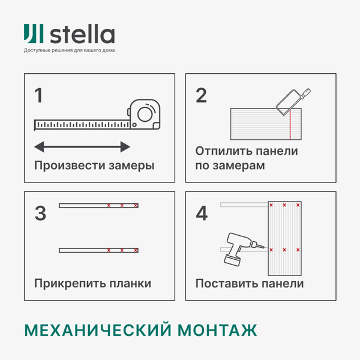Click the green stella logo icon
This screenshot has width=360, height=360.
click(x=34, y=34)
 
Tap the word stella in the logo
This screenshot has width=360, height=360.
click(x=82, y=34)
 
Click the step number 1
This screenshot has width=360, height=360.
click(x=38, y=95)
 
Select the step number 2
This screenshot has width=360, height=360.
click(x=201, y=95)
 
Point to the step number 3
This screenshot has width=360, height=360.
click(x=40, y=213)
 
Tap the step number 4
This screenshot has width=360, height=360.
click(x=202, y=213)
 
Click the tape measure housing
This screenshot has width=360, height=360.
click(x=144, y=114)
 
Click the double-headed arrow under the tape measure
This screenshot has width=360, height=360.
click(x=82, y=147)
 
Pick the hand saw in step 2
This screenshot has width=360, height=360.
click(x=293, y=101)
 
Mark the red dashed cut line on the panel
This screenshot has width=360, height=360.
click(x=290, y=124)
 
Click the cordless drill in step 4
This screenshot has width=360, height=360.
click(x=244, y=249)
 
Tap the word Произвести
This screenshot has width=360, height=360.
click(x=70, y=166)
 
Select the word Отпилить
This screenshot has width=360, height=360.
click(x=224, y=151)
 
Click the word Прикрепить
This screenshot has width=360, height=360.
click(x=70, y=283)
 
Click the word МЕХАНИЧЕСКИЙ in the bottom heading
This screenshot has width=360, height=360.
click(x=98, y=330)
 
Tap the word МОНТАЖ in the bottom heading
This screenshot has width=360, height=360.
click(x=217, y=330)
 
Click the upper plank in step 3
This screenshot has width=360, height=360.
click(x=99, y=205)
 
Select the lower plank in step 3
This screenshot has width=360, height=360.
click(x=99, y=250)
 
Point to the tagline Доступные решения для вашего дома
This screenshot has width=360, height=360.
click(x=69, y=50)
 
